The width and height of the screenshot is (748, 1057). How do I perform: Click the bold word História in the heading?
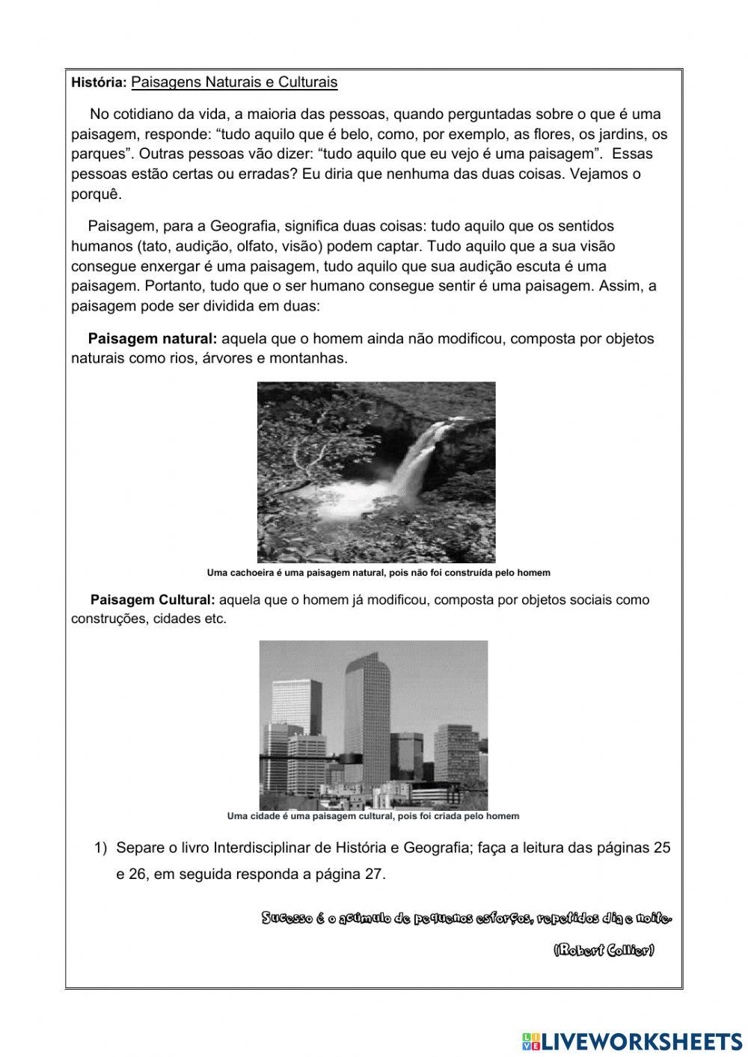(99, 83)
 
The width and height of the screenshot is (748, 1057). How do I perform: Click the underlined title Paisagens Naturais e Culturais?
(234, 82)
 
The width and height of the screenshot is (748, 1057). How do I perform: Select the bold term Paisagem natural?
(153, 338)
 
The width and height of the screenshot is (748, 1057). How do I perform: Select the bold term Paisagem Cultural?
(153, 599)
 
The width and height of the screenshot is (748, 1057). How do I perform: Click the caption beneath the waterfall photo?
(378, 573)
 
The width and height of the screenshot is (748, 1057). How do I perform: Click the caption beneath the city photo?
(373, 816)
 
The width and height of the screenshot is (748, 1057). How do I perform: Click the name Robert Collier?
(604, 950)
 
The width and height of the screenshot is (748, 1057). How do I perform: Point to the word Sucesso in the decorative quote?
(285, 918)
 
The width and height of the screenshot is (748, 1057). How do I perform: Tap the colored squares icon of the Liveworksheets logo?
(530, 1041)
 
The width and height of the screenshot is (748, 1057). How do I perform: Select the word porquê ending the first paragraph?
(96, 194)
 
